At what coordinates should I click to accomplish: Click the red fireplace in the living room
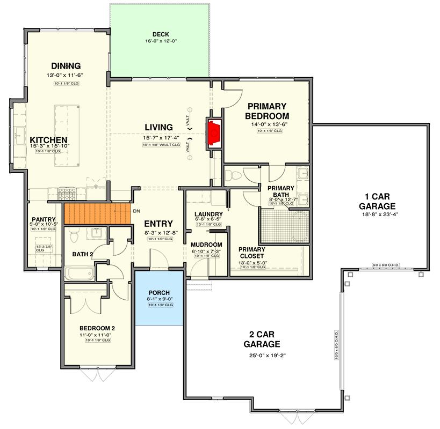click(215, 132)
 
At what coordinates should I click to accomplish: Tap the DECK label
click(161, 34)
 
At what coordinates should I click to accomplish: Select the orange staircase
click(97, 213)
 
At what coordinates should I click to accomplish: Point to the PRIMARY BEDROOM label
click(266, 111)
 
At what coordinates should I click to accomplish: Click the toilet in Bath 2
click(75, 235)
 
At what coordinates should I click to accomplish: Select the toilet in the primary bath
click(233, 175)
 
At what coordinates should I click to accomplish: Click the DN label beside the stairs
click(138, 211)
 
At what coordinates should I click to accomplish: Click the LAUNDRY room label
click(208, 214)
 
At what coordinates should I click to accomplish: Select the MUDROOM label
click(206, 245)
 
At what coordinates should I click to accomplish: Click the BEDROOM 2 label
click(97, 328)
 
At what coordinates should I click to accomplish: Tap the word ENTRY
click(158, 224)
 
